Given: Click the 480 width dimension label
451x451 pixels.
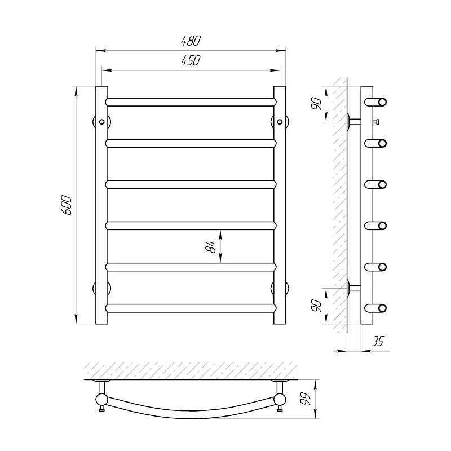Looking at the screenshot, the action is [x=191, y=41].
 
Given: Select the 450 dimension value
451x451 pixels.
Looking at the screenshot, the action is [x=191, y=60].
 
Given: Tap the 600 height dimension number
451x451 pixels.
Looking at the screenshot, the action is [x=67, y=205].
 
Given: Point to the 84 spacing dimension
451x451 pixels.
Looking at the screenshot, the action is [x=211, y=246].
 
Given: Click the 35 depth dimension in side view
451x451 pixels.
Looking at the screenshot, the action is [x=378, y=342].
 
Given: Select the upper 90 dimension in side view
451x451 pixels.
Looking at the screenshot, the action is [x=316, y=104].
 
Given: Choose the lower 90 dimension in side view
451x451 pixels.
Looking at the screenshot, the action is [x=316, y=306].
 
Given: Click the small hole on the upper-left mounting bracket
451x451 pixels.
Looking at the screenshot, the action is [x=101, y=122].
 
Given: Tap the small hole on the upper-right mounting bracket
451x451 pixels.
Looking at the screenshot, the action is [x=280, y=122].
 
